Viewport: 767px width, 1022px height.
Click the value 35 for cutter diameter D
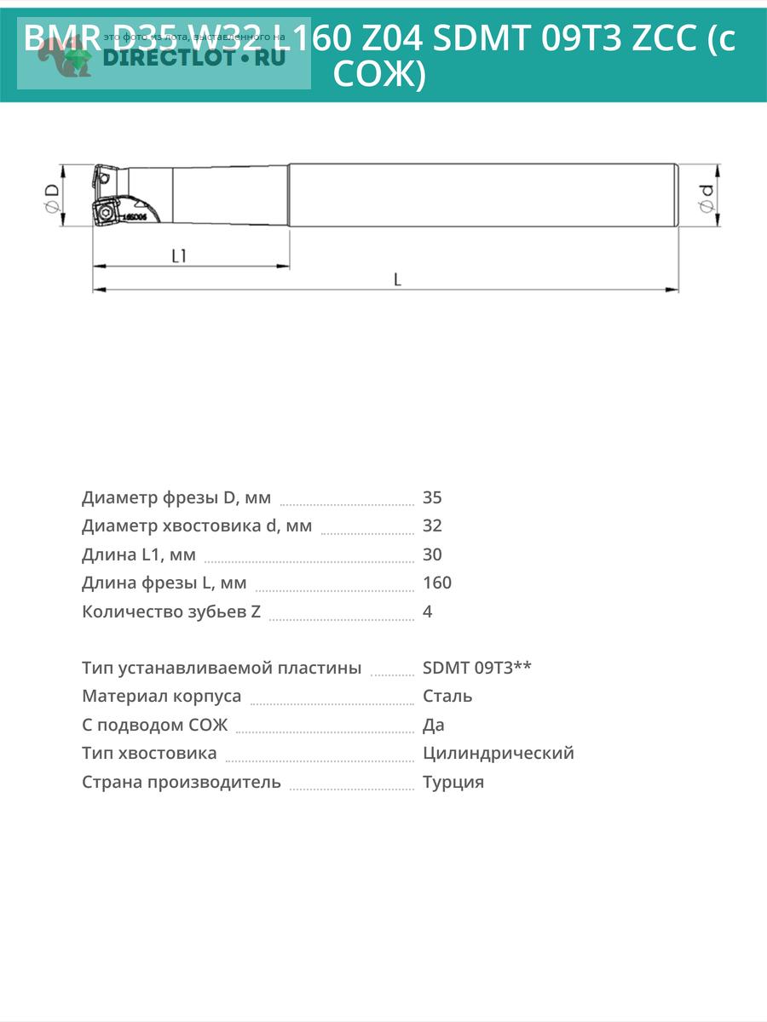[x=432, y=497]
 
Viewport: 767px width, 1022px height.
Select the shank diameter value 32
[x=432, y=525]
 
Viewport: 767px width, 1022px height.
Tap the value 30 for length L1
[x=432, y=554]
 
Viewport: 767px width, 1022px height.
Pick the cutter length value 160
[x=437, y=583]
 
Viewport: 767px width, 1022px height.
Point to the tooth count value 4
[x=428, y=611]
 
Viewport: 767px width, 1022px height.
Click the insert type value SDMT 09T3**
[x=477, y=668]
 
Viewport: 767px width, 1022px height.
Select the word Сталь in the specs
[x=447, y=696]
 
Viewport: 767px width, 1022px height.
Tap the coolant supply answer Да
[x=434, y=725]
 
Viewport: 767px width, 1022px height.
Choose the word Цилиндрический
[x=499, y=753]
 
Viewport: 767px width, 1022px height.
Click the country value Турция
[x=453, y=782]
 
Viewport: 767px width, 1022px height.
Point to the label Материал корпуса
[x=161, y=696]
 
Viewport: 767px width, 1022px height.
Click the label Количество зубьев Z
[x=171, y=611]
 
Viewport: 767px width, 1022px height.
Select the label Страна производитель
[x=182, y=782]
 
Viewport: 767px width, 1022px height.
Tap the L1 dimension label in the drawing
[x=179, y=255]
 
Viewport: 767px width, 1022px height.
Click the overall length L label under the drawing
[x=397, y=279]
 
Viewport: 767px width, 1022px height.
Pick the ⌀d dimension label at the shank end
[x=706, y=198]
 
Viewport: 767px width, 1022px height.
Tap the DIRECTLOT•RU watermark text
[x=182, y=58]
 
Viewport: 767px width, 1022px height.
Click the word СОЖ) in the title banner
[x=378, y=75]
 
